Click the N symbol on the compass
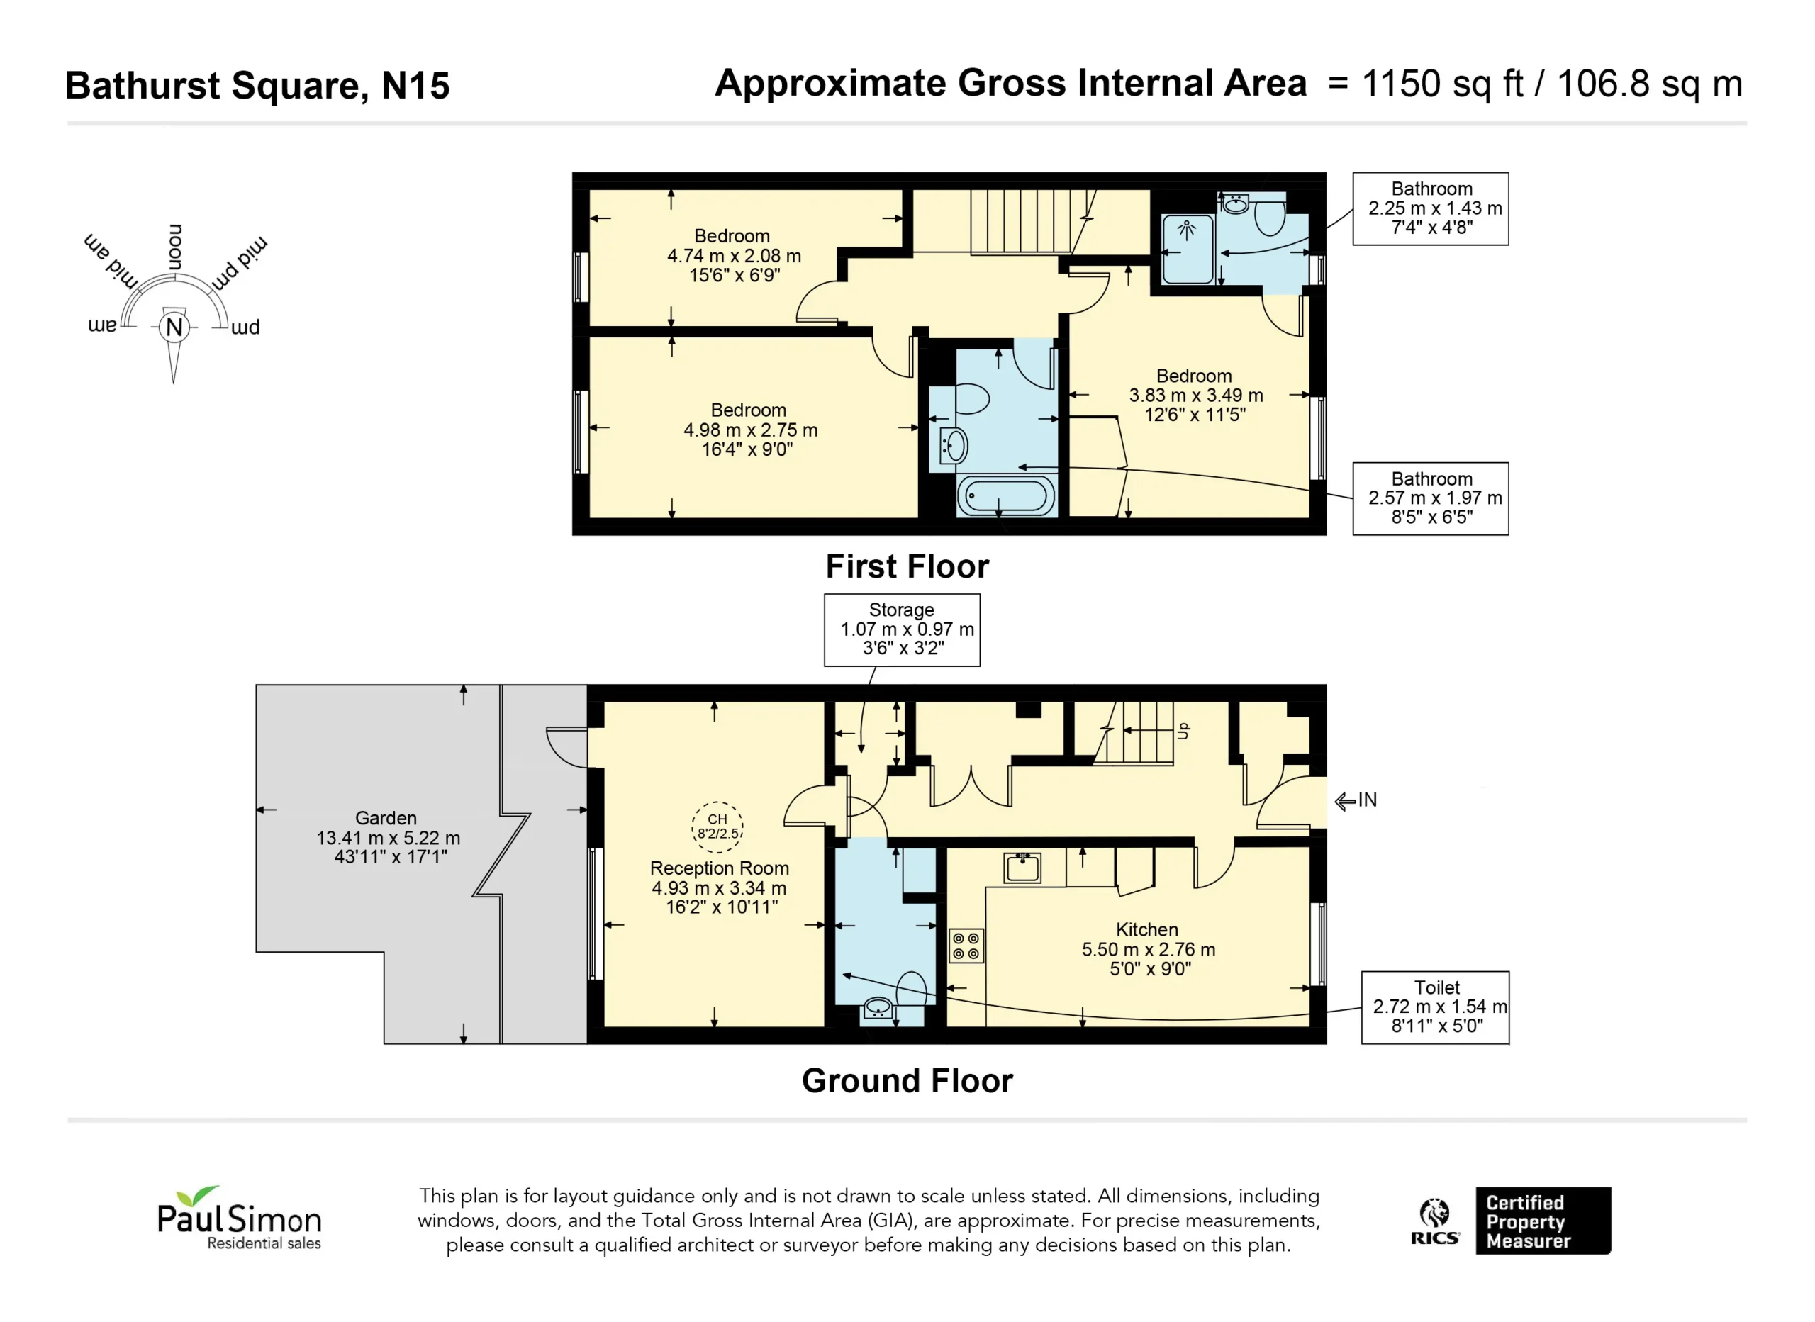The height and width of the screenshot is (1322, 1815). [174, 327]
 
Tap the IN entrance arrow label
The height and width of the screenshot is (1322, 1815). [1356, 800]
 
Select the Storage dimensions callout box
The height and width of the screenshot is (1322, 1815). [902, 629]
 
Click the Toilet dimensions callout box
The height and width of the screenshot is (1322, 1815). [1436, 1007]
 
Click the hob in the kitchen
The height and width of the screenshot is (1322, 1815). [966, 945]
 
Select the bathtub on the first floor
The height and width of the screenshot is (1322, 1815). [1006, 496]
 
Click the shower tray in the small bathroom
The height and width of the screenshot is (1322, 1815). [1188, 250]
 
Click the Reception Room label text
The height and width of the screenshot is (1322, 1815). [720, 868]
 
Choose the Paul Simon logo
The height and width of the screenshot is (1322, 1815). [239, 1218]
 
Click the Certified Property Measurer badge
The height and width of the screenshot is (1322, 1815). [1543, 1221]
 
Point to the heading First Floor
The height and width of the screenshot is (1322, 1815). [907, 566]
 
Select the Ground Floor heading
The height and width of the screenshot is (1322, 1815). [907, 1081]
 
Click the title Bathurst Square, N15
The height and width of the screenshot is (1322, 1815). [257, 86]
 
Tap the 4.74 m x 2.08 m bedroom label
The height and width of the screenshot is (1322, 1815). [734, 256]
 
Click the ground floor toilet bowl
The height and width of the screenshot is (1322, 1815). [912, 988]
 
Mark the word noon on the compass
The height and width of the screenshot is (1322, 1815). [175, 247]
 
